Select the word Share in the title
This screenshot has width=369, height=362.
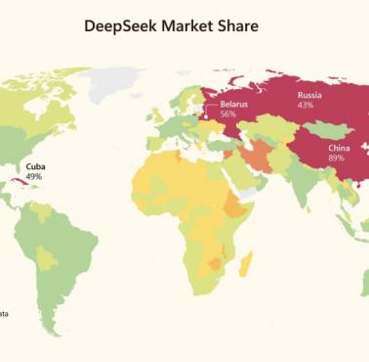point(241,26)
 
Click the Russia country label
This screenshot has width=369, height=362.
point(310,95)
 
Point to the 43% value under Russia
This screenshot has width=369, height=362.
point(306,106)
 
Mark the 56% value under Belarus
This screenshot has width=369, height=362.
point(228,113)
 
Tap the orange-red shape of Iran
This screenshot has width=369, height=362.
point(256,159)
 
